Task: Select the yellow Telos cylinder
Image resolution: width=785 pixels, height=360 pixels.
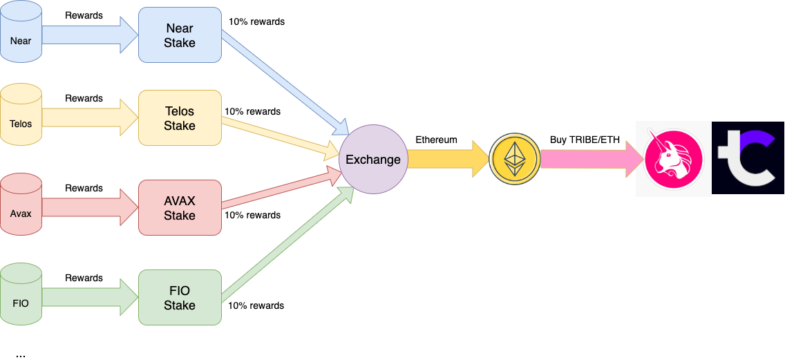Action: (x=21, y=117)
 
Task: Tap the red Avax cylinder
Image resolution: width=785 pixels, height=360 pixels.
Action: (x=21, y=207)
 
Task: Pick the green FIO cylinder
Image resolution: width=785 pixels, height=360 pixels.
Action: (x=21, y=297)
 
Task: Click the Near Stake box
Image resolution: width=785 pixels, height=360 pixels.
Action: (x=180, y=35)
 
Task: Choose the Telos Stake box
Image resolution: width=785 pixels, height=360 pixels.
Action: (x=180, y=118)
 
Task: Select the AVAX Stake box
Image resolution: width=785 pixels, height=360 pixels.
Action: (x=180, y=208)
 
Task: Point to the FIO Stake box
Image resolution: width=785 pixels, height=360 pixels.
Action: (x=180, y=297)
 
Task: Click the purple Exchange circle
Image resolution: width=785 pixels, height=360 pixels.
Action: (x=373, y=159)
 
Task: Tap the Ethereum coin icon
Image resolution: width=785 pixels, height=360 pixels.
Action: (x=514, y=159)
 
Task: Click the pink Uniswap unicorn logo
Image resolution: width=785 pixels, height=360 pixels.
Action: (x=673, y=159)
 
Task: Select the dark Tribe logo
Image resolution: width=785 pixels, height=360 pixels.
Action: (x=748, y=158)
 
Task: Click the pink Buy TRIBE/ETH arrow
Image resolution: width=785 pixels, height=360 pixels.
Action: (x=592, y=159)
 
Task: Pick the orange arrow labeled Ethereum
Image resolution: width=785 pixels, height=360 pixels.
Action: (x=448, y=159)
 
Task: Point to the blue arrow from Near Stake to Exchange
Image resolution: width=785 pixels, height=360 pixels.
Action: (x=285, y=83)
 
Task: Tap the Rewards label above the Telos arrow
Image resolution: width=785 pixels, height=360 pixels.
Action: (x=84, y=98)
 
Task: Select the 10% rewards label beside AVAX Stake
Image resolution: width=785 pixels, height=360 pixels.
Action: (x=252, y=216)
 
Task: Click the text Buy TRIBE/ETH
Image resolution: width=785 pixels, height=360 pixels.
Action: (x=584, y=140)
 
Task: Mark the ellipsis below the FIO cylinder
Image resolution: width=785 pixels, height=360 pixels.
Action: (x=21, y=355)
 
